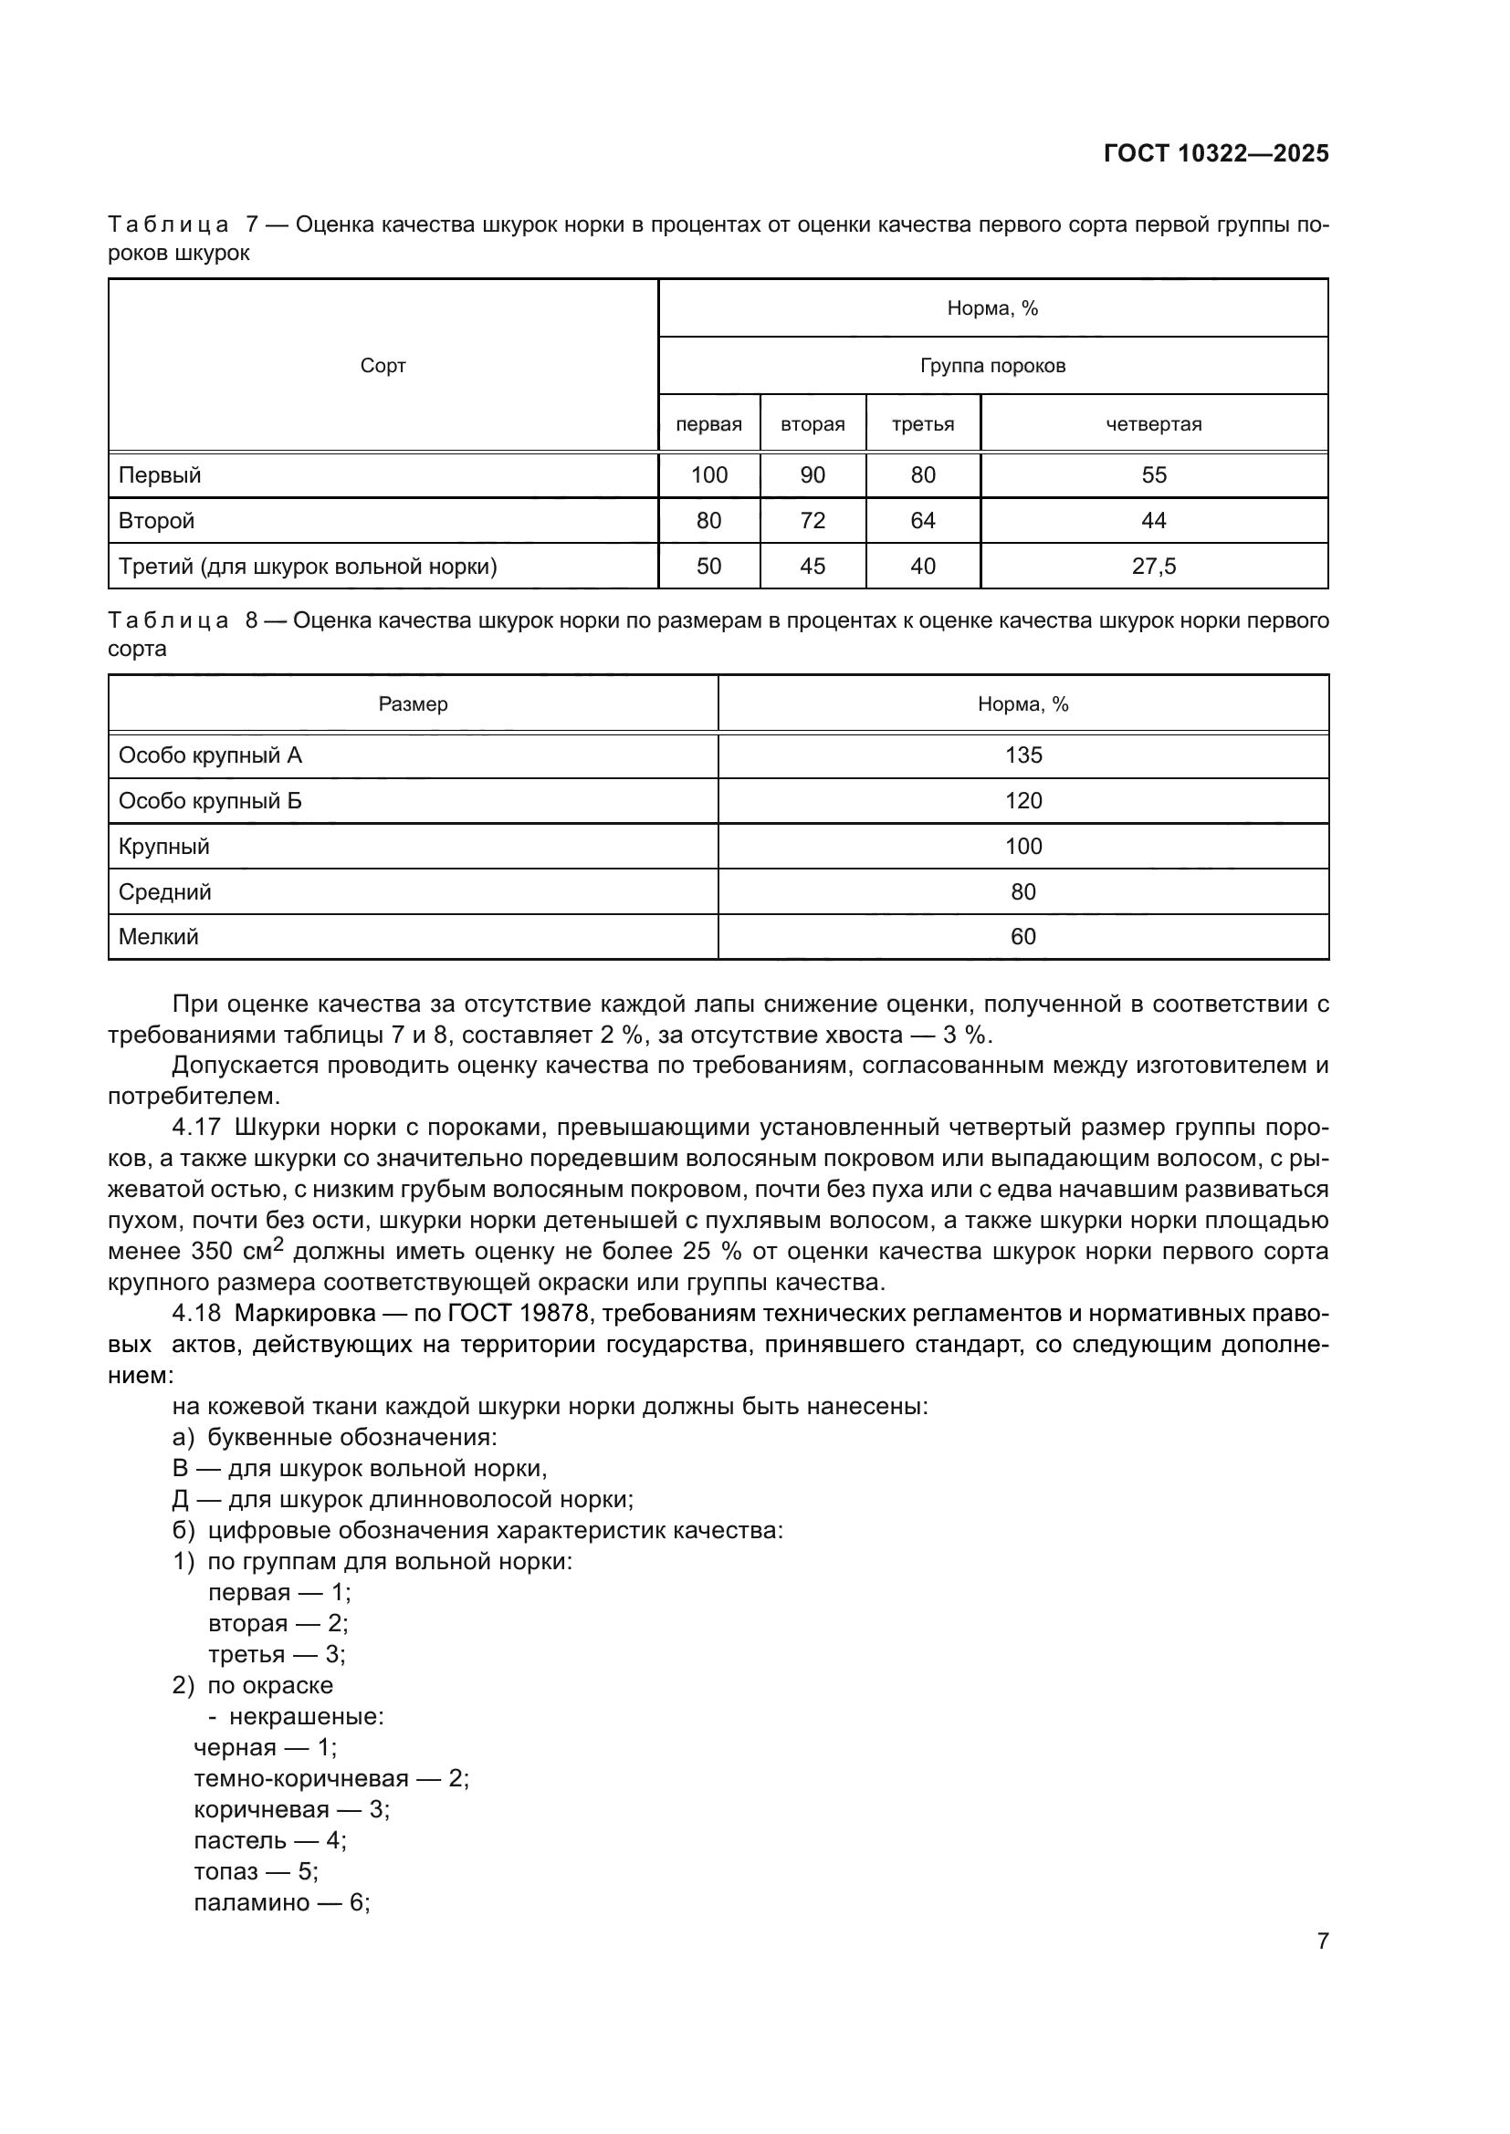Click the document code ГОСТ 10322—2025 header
1215,153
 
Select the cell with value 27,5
1153,566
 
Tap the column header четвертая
1153,425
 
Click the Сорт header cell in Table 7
383,366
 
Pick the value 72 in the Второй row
812,520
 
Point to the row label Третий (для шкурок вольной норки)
308,566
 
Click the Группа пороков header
992,366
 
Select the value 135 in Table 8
1022,755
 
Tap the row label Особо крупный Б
210,801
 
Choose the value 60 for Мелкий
1022,937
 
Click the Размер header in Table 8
413,704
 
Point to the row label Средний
164,892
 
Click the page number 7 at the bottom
1322,1941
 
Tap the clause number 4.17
196,1128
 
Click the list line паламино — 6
282,1902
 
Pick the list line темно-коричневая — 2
331,1779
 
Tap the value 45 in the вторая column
812,566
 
